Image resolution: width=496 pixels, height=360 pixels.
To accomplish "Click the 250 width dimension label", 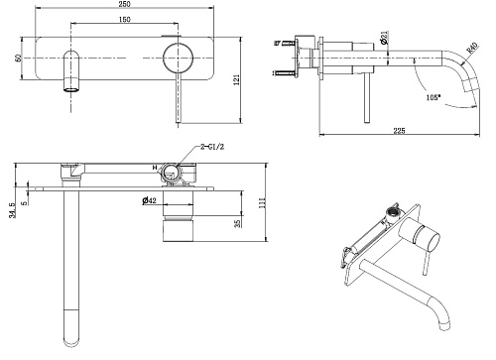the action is click(124, 4).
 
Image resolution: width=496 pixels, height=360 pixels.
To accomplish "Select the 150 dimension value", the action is click(124, 20).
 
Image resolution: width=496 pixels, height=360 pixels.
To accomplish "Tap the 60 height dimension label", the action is click(19, 58).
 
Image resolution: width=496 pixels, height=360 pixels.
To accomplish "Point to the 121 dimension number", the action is click(237, 80).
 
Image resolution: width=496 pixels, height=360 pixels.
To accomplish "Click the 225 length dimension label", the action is click(399, 131).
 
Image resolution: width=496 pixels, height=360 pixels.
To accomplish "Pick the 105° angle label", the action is click(434, 97).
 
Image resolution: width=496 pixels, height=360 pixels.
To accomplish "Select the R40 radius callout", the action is click(472, 48).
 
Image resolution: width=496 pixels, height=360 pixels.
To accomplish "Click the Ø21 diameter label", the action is click(384, 38).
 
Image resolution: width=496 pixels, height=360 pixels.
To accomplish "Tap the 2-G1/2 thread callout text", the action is click(212, 147).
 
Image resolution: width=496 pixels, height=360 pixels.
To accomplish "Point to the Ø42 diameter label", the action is click(149, 200).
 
